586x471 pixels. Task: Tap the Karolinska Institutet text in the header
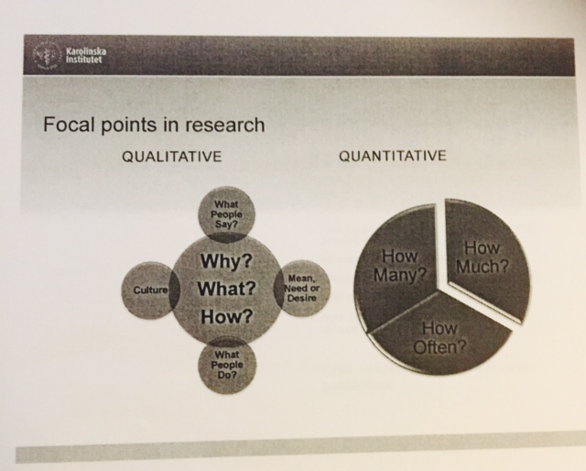click(86, 56)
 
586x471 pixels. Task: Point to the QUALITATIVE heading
click(172, 157)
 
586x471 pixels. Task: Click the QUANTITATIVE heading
click(393, 155)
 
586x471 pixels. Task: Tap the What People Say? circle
click(226, 214)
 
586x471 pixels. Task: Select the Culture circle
click(150, 290)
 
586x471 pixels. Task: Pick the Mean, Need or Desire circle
click(302, 289)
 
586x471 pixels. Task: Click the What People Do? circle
click(227, 365)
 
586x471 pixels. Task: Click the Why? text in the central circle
click(226, 261)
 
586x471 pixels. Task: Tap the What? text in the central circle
click(226, 289)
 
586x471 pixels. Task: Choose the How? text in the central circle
click(227, 317)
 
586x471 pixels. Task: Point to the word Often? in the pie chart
click(439, 347)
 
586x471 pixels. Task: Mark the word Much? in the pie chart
click(483, 267)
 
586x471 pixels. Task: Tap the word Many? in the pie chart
click(400, 275)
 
